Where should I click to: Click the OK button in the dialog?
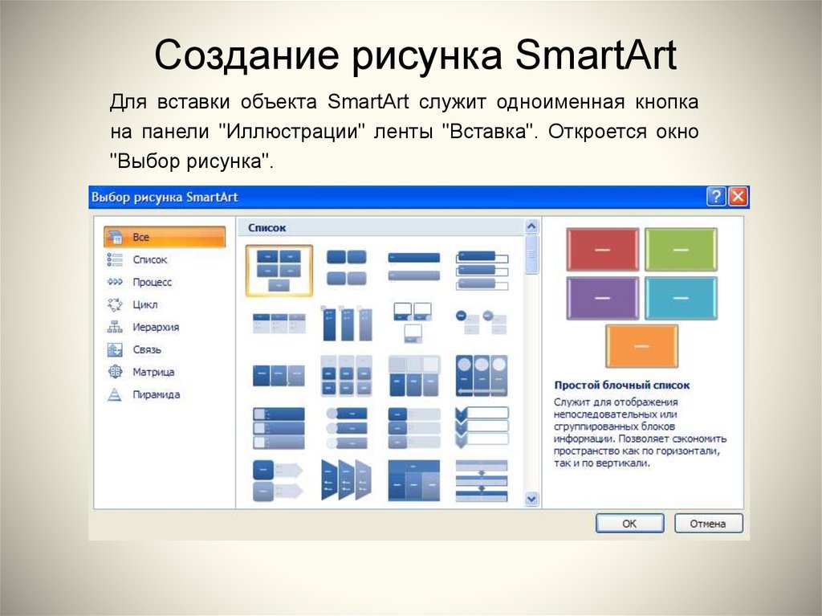pyautogui.click(x=629, y=523)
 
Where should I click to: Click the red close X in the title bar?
pyautogui.click(x=739, y=197)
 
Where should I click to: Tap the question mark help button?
pyautogui.click(x=716, y=197)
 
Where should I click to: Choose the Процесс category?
pyautogui.click(x=152, y=282)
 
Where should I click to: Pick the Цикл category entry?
pyautogui.click(x=144, y=304)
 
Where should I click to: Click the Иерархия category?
pyautogui.click(x=156, y=327)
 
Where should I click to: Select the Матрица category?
pyautogui.click(x=153, y=372)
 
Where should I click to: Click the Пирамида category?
pyautogui.click(x=157, y=394)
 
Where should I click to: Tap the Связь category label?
pyautogui.click(x=147, y=349)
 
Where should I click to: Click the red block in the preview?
pyautogui.click(x=602, y=249)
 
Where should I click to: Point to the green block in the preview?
pyautogui.click(x=681, y=249)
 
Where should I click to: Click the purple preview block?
pyautogui.click(x=602, y=298)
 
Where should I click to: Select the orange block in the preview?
pyautogui.click(x=641, y=346)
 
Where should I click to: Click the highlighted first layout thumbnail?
pyautogui.click(x=279, y=271)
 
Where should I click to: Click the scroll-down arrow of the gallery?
pyautogui.click(x=531, y=499)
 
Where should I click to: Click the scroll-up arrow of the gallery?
pyautogui.click(x=531, y=226)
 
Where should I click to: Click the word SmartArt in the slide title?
pyautogui.click(x=596, y=54)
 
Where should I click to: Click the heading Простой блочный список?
pyautogui.click(x=622, y=386)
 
